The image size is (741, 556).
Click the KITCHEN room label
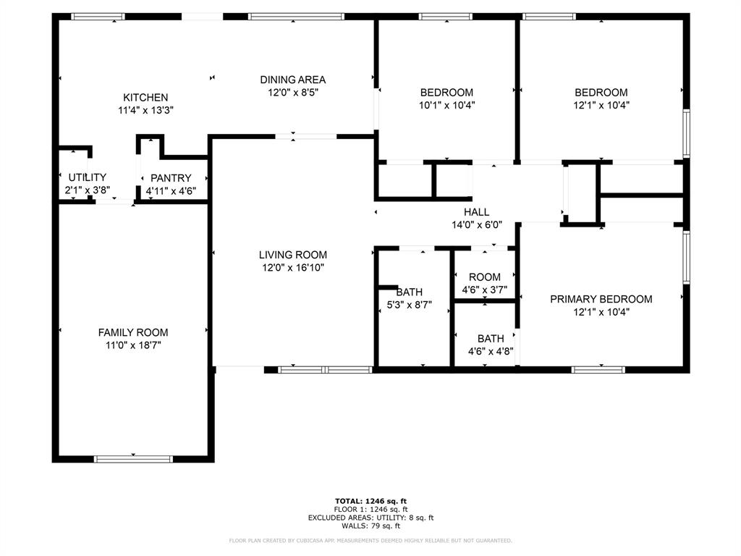(145, 98)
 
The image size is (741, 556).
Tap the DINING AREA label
(293, 80)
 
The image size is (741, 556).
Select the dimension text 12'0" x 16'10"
(293, 268)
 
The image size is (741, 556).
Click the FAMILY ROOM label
(133, 332)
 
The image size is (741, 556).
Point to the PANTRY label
(171, 178)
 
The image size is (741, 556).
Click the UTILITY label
(88, 177)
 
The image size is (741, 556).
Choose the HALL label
(477, 212)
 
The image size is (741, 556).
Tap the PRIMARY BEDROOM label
(601, 299)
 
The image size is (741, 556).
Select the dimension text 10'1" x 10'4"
(447, 105)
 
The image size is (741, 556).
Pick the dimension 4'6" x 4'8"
(491, 352)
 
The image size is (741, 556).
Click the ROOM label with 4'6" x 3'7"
(485, 277)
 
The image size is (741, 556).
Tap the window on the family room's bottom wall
(133, 458)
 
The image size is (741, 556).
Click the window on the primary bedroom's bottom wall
(598, 370)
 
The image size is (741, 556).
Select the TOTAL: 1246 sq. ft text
(370, 501)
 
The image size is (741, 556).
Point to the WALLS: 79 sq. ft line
(370, 526)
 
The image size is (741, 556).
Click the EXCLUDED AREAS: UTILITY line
(370, 518)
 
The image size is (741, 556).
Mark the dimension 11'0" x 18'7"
(133, 345)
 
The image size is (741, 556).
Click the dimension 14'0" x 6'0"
(477, 225)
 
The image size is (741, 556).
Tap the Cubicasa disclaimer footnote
(370, 541)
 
